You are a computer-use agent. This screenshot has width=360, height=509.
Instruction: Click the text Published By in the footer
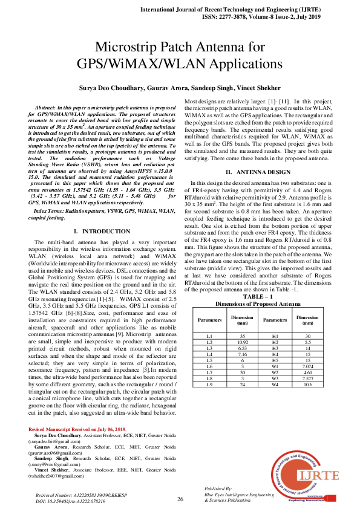pyautogui.click(x=219, y=488)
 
